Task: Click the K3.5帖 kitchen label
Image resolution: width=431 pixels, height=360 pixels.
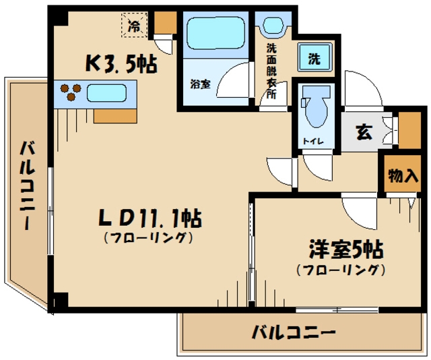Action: tap(121, 63)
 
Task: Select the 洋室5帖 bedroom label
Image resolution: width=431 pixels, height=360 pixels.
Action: tap(345, 250)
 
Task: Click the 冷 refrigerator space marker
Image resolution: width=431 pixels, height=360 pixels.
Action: tap(135, 26)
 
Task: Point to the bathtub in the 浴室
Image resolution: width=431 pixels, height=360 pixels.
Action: tap(215, 33)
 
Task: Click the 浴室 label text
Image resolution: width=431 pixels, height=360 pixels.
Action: tap(199, 85)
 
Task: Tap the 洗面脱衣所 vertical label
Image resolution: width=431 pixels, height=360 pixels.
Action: tap(271, 71)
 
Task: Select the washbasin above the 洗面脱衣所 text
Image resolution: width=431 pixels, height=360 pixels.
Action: tap(272, 26)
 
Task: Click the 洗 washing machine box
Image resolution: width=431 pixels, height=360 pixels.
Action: tap(314, 59)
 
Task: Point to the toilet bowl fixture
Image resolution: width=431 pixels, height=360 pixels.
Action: tap(315, 109)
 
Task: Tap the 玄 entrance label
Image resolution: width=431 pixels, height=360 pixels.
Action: tap(364, 131)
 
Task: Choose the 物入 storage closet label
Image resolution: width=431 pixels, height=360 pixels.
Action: tap(402, 176)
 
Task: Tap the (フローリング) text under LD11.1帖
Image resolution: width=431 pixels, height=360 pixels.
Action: tap(149, 237)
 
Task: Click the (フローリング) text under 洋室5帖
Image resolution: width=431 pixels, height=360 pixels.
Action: tap(341, 270)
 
